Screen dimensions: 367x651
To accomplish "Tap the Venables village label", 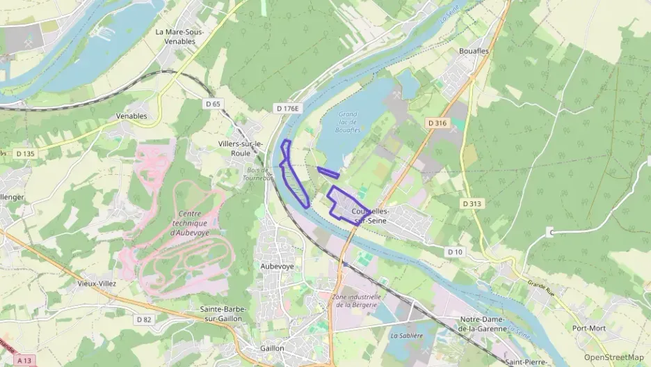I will click(x=131, y=116).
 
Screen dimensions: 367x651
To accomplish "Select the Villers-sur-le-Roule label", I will click(x=240, y=148).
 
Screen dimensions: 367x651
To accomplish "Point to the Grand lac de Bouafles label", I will click(x=347, y=122).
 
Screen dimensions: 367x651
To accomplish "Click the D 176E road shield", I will click(x=287, y=109).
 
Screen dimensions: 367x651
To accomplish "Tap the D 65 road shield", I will click(x=214, y=104).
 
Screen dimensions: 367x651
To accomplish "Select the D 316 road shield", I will click(x=437, y=123).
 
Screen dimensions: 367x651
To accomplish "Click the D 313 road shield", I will click(x=472, y=204).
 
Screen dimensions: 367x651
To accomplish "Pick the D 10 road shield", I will click(x=455, y=251).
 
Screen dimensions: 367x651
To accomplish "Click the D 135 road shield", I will click(x=24, y=154).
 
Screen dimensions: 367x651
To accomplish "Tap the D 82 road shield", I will click(x=144, y=320).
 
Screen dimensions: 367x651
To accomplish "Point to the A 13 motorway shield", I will click(x=25, y=360).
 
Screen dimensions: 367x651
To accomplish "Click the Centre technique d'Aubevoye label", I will click(x=189, y=224).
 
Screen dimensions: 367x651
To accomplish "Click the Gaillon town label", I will click(x=272, y=348).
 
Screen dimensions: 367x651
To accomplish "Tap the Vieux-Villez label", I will click(x=97, y=284).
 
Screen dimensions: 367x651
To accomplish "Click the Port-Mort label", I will click(x=588, y=327).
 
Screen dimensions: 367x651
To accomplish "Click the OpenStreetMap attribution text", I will click(x=613, y=357).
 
